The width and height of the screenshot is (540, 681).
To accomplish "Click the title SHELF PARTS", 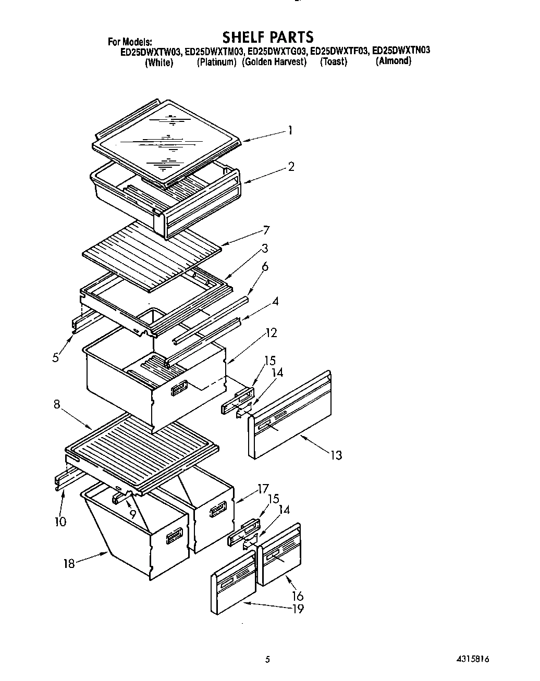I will coord(268,37).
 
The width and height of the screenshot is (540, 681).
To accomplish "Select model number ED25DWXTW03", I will coord(151,52).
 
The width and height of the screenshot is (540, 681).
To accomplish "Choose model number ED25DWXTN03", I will coord(401,51).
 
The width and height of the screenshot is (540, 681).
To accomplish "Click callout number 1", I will coord(290,130).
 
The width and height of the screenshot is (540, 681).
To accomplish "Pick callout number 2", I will coord(291,167).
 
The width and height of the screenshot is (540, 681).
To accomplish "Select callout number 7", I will coord(266,230).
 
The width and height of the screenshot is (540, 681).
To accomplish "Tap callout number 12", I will coord(271,332).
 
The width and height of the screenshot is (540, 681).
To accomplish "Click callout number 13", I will coord(336,455).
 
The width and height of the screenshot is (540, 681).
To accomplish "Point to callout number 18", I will coord(69,563).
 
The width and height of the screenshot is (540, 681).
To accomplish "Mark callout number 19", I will coord(298,609).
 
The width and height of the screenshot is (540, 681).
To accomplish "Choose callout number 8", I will coord(57,404).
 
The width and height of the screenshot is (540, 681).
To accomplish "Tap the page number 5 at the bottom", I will coord(267,659).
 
